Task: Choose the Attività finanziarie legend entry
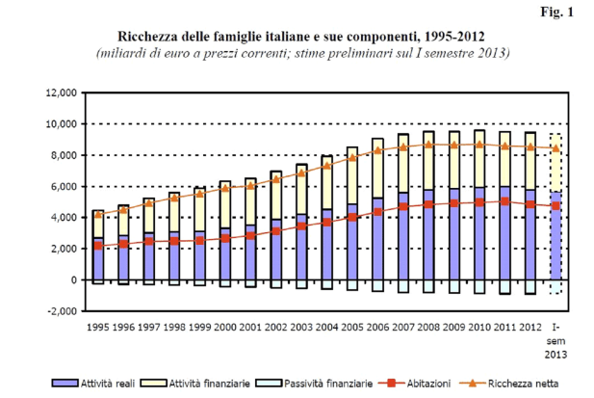[x=208, y=383]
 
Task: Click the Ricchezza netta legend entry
[x=520, y=383]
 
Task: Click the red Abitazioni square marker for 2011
[x=504, y=201]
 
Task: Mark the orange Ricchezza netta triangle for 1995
[x=98, y=214]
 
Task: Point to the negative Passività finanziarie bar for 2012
[x=529, y=287]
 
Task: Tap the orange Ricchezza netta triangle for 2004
[x=326, y=166]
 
